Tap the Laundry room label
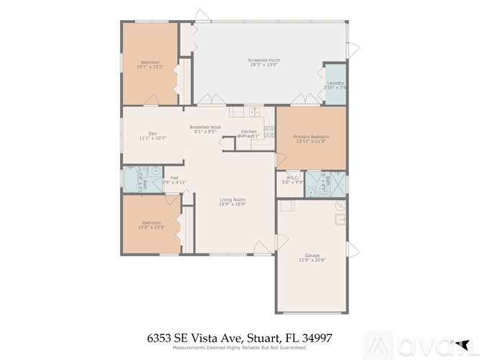pos(335,83)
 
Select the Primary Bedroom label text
pos(312,136)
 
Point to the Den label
pos(153,133)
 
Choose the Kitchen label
pos(248,132)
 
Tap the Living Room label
pos(232,199)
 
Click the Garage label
pos(312,255)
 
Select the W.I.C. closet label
pos(292,177)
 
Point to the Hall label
pos(173,178)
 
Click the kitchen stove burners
pos(270,131)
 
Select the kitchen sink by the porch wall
pos(255,112)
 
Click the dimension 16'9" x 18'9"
pos(232,204)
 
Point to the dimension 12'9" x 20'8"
pos(312,259)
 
